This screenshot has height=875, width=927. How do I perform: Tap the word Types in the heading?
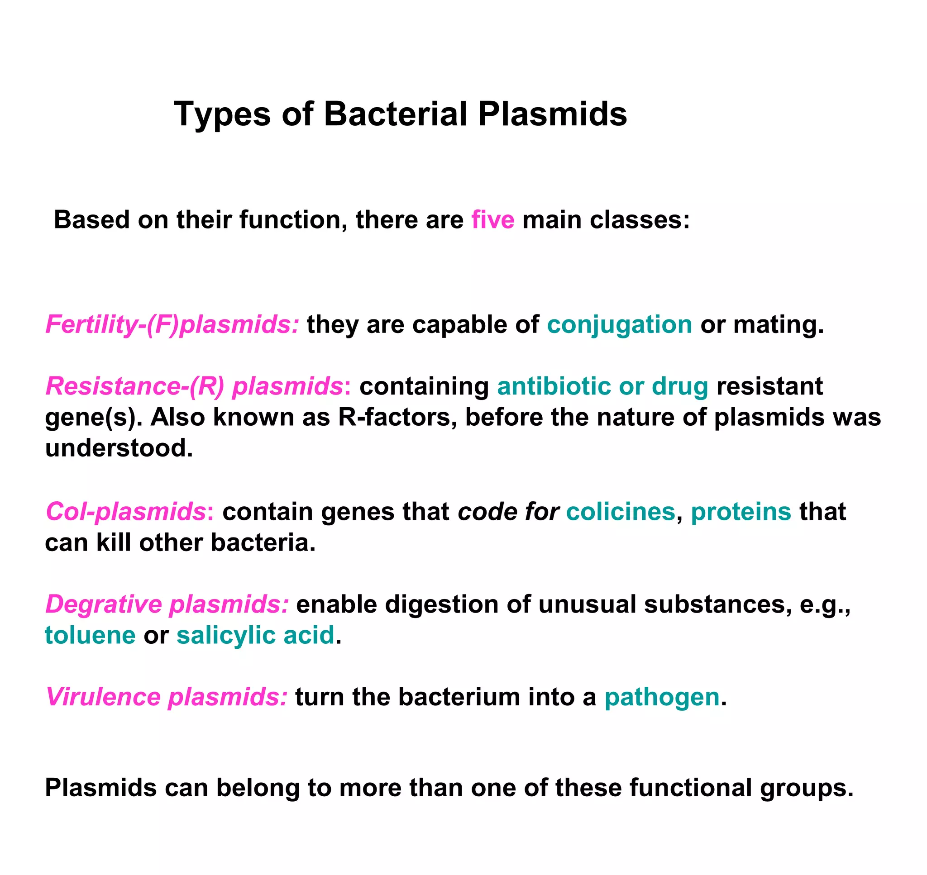coord(222,114)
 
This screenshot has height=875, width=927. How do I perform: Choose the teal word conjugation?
coord(619,325)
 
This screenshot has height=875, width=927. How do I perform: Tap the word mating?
coord(778,325)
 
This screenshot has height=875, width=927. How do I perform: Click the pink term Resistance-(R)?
coord(135,386)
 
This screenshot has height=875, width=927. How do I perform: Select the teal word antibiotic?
coord(554,386)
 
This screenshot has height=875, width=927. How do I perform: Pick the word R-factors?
coord(397,417)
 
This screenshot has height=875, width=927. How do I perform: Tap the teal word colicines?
coord(621,512)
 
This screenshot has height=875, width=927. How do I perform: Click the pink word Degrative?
coord(104,604)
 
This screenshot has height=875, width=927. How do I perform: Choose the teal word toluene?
coord(90,635)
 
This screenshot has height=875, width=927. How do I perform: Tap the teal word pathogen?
coord(662,698)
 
